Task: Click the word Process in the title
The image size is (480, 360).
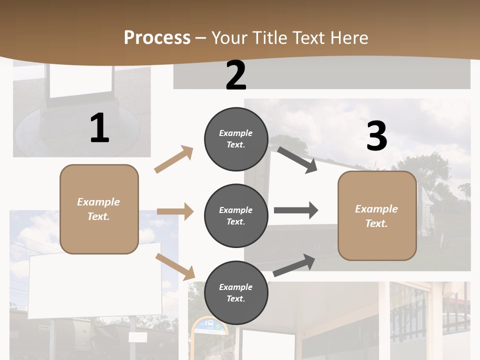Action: (x=157, y=38)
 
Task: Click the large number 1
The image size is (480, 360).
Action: (x=99, y=128)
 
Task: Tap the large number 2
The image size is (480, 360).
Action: (x=236, y=76)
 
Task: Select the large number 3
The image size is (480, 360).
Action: (x=376, y=136)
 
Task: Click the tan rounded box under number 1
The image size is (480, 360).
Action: (x=99, y=209)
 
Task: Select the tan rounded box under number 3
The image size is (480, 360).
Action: (x=377, y=216)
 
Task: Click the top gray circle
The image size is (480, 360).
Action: (x=236, y=139)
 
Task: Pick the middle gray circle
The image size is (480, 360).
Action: (x=236, y=216)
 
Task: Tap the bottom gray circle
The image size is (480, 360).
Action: (x=236, y=293)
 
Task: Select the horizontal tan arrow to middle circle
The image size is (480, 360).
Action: (x=175, y=211)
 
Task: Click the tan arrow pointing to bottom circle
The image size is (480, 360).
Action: (x=175, y=266)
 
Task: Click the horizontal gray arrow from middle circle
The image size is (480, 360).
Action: (x=296, y=210)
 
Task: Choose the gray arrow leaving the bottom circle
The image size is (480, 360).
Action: (x=294, y=265)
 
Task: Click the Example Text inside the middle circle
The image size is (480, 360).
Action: (x=236, y=216)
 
